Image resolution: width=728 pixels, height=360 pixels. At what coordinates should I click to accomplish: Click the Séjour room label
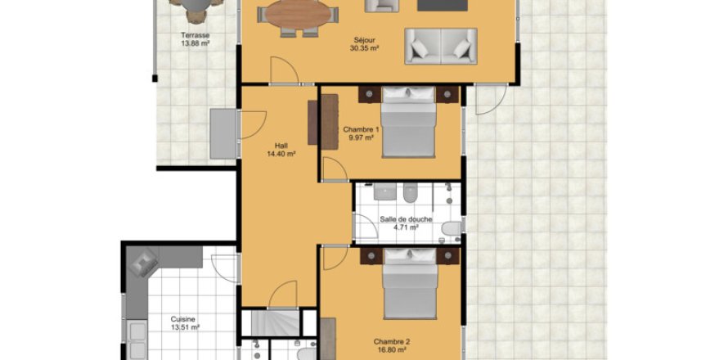point(364,40)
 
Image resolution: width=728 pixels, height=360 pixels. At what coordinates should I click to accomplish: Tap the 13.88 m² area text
point(195,43)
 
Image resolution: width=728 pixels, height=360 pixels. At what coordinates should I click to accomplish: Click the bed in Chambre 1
point(409,122)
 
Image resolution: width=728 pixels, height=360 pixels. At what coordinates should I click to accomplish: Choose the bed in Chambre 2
point(410,283)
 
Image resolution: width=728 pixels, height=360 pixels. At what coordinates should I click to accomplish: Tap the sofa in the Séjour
point(441,46)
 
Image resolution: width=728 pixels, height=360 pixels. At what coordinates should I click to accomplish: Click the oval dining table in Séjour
point(298,15)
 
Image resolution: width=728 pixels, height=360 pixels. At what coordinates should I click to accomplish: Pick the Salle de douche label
point(407,220)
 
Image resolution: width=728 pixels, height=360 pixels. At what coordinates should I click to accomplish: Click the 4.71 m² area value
point(407,227)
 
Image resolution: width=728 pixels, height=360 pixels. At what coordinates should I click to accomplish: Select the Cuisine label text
point(183,319)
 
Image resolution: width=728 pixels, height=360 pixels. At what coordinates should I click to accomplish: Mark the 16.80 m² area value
point(390,349)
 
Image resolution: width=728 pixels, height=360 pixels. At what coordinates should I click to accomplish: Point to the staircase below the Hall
point(276,323)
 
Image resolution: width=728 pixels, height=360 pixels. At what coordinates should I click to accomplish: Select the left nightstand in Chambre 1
point(370,94)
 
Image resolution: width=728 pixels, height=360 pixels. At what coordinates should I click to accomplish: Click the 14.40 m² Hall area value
point(281,154)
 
